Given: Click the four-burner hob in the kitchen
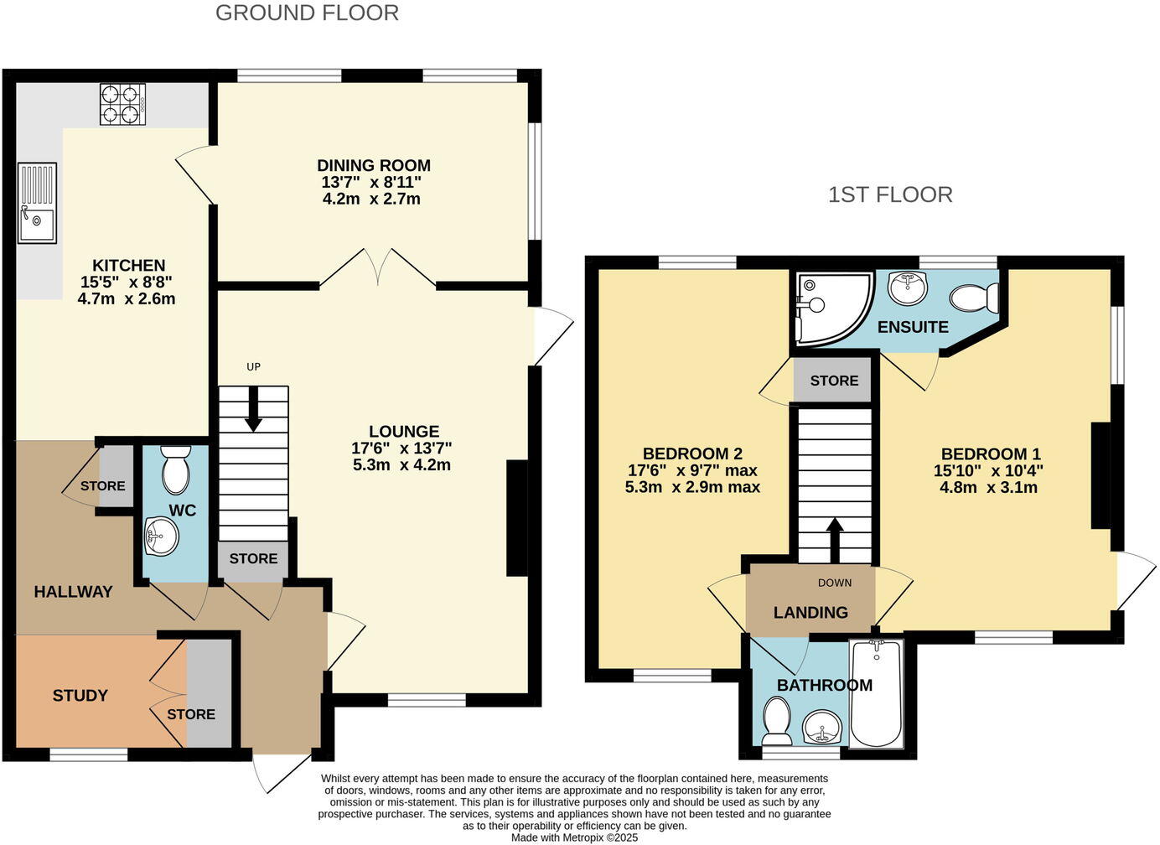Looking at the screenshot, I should [122, 105].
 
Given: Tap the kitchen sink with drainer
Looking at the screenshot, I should [37, 204].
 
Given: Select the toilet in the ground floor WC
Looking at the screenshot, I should [175, 471].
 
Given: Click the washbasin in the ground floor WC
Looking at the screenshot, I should [161, 537].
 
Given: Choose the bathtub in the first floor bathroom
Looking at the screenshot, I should [876, 693].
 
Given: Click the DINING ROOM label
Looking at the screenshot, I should [374, 165].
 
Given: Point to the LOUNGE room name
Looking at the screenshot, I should [404, 431].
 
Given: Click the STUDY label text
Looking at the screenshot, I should [80, 695].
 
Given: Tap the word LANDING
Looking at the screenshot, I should [810, 612].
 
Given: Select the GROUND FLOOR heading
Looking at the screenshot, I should [307, 13].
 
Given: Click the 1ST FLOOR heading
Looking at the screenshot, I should [890, 194].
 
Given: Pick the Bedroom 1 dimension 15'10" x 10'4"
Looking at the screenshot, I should [988, 471].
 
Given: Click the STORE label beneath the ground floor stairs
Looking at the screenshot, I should [253, 558].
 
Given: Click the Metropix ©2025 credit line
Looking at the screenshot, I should [575, 837].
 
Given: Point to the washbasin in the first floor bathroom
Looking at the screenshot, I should [822, 726].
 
